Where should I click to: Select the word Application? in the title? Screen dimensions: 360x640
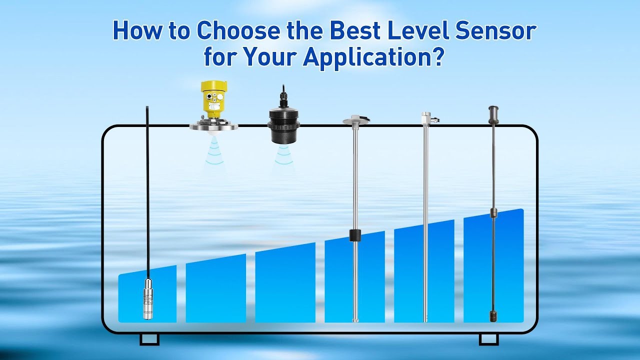coord(373,57)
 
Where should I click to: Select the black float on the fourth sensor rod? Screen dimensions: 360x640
coord(355,235)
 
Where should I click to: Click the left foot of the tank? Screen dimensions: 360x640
coord(149,339)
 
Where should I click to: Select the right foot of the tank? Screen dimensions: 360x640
coord(488,339)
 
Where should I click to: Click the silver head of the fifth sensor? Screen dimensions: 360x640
coord(426,118)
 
